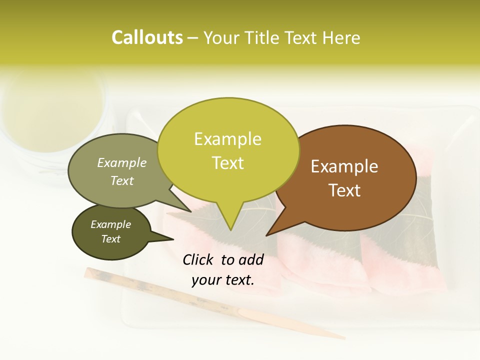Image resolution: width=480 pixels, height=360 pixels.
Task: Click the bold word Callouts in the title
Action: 147,37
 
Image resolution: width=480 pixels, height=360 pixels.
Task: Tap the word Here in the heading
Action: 341,37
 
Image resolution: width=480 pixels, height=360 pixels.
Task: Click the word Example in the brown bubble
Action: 344,166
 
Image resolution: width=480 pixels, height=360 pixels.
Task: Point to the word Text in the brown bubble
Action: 344,190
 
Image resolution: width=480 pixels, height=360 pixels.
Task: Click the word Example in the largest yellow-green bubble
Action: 227,139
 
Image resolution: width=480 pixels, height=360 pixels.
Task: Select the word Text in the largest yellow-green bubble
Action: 227,162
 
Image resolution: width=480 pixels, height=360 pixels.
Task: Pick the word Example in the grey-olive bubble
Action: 121,162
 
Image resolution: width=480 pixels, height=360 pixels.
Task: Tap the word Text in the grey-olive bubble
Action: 121,180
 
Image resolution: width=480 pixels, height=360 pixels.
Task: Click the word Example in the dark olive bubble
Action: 110,224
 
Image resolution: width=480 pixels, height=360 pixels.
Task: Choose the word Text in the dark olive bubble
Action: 110,239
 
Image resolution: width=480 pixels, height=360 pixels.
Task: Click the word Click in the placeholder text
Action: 198,259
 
